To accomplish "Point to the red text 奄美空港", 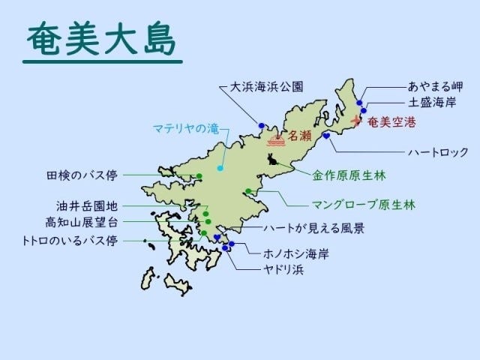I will click(391, 121).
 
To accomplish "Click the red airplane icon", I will click(355, 120).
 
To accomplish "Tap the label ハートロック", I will click(438, 151).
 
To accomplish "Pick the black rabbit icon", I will click(271, 159).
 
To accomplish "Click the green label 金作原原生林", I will click(349, 177).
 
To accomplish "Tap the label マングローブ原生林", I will click(363, 203).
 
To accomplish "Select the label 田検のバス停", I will click(81, 176).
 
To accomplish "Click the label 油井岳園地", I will click(87, 205).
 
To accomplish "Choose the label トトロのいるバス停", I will click(70, 241).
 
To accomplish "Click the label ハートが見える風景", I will click(307, 229).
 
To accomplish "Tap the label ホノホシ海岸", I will click(296, 253).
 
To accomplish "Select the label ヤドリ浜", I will click(282, 268).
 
